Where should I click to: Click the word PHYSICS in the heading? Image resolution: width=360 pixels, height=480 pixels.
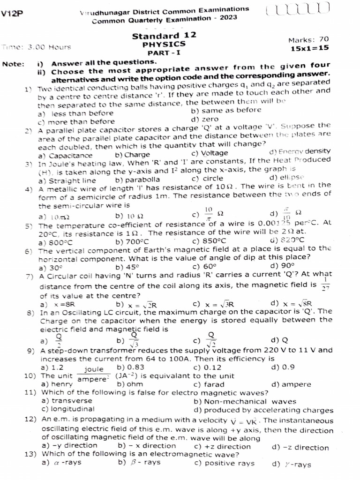click(x=164, y=44)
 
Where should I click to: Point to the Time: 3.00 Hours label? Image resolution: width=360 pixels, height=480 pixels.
click(x=37, y=47)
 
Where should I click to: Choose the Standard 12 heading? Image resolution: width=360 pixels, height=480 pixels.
click(x=164, y=36)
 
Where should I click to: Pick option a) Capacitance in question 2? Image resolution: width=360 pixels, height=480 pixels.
click(x=65, y=155)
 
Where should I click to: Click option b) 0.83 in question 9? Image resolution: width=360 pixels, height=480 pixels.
click(x=131, y=367)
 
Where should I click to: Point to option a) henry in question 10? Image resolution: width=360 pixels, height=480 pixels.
click(x=56, y=384)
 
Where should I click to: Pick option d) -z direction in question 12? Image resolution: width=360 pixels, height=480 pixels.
click(x=300, y=447)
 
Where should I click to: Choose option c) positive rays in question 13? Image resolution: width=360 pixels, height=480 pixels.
click(x=224, y=463)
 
